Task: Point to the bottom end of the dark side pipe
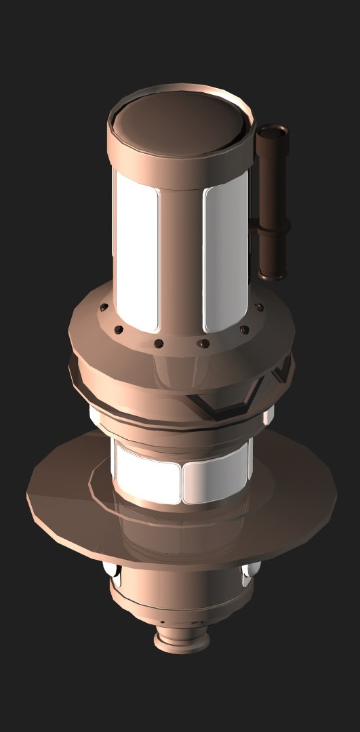(273, 275)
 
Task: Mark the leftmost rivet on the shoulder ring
(102, 308)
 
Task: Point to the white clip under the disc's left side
(112, 573)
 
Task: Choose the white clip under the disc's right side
(249, 575)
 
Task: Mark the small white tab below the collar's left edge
(96, 413)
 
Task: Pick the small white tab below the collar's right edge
(268, 413)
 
